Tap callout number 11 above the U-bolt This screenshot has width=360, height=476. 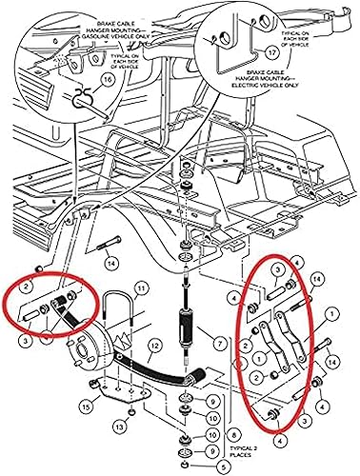coord(141,288)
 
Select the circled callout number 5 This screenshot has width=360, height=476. coord(194,467)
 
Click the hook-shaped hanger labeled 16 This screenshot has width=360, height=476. coord(80,95)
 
